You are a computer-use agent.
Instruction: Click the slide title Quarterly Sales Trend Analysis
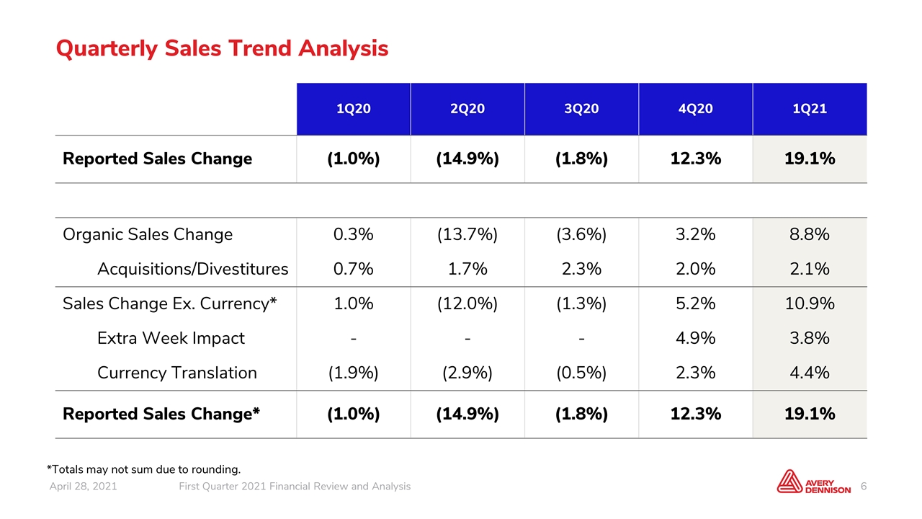[x=222, y=48]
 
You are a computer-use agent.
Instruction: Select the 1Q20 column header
[x=354, y=109]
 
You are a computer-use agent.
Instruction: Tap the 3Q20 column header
[x=581, y=109]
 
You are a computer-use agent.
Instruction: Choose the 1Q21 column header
[x=810, y=109]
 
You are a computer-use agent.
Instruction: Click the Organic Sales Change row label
[x=148, y=234]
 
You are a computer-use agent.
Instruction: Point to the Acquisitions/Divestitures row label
[x=192, y=269]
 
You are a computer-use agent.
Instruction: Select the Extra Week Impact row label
[x=171, y=338]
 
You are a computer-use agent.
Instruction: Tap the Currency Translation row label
[x=177, y=373]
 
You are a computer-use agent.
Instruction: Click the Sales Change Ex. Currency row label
[x=169, y=303]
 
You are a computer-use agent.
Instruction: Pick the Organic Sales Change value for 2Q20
[x=467, y=234]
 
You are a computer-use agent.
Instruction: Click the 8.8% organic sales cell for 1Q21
[x=810, y=234]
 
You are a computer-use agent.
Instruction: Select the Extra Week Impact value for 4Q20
[x=696, y=338]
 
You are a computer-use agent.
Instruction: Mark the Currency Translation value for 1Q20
[x=353, y=373]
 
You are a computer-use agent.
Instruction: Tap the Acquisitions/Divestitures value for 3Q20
[x=581, y=269]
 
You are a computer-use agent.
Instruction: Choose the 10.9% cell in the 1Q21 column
[x=810, y=303]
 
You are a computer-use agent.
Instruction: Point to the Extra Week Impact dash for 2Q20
[x=467, y=339]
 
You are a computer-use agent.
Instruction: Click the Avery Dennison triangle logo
[x=789, y=482]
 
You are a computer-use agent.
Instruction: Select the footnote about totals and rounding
[x=143, y=469]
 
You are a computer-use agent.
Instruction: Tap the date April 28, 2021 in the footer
[x=83, y=487]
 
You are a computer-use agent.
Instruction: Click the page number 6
[x=864, y=487]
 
